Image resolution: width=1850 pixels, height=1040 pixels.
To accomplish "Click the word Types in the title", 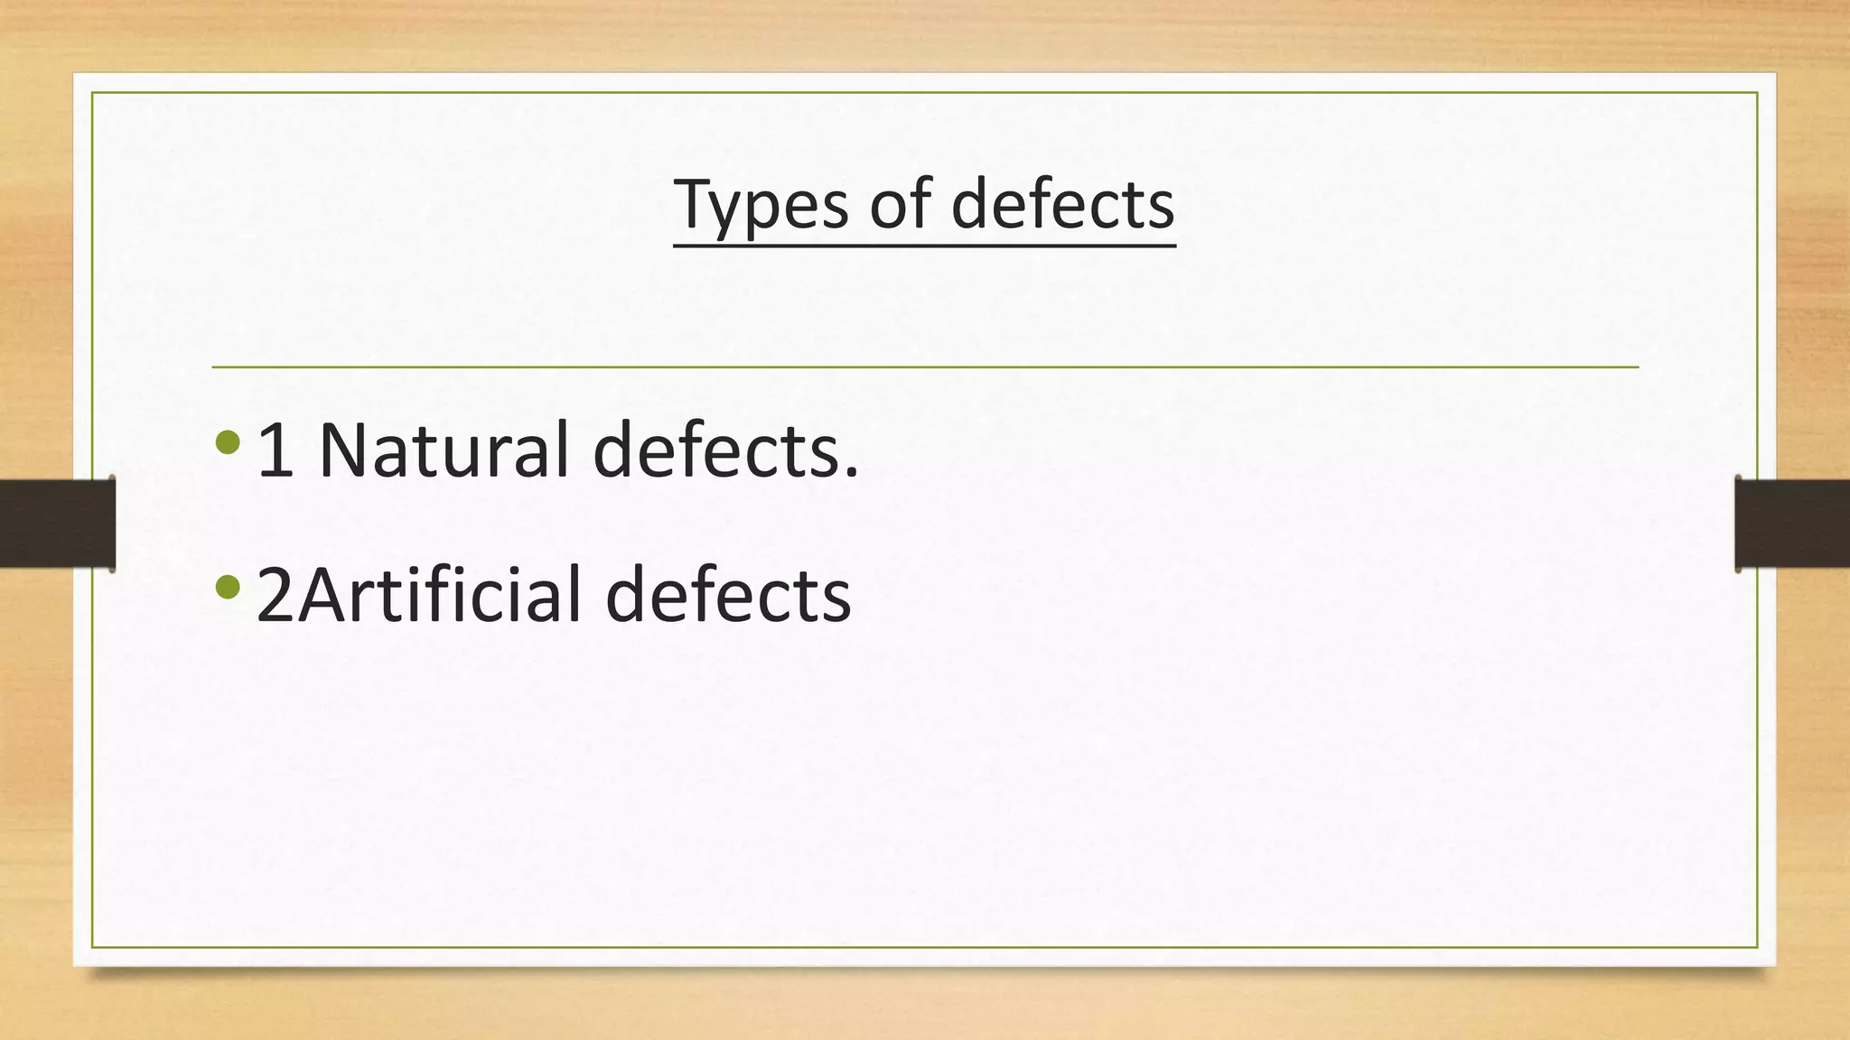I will click(x=761, y=205).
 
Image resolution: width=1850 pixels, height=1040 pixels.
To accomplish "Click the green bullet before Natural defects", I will click(x=229, y=442).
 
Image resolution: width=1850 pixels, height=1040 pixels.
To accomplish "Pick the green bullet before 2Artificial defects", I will click(x=229, y=588).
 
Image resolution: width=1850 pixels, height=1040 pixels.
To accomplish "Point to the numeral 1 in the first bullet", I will click(x=276, y=450).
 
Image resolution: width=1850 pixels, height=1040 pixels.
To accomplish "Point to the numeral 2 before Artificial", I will click(x=276, y=596).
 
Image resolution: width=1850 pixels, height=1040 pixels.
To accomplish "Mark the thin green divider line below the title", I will click(x=925, y=367).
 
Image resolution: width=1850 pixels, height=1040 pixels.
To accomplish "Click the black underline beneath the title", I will click(x=925, y=244).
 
